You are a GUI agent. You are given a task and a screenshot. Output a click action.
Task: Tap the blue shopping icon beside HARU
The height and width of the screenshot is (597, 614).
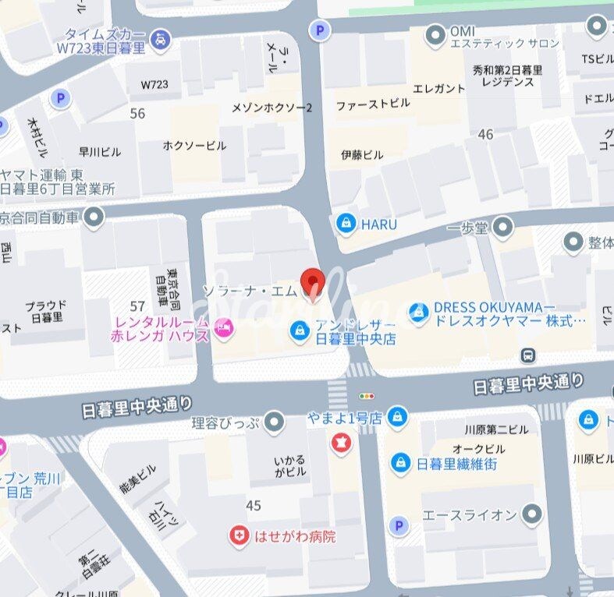coord(346,224)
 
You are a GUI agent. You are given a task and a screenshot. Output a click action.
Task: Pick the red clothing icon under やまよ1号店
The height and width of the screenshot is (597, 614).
coord(342,443)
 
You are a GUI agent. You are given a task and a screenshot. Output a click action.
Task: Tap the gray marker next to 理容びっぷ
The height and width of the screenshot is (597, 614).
coord(274,423)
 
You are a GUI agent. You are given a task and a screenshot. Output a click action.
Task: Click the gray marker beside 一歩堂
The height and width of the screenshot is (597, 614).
coord(503,227)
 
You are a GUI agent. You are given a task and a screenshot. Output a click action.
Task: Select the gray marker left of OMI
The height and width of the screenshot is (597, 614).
coord(435,35)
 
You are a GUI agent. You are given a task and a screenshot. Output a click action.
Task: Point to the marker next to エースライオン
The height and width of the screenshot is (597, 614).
coord(532,514)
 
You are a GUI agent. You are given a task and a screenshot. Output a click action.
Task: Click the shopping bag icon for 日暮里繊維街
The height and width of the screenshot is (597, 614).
coord(400,463)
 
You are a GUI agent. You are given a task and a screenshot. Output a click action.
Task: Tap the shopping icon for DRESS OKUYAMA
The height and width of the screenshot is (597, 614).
coord(419,313)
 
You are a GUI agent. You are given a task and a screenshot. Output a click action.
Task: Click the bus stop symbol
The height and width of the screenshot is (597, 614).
coord(530,355)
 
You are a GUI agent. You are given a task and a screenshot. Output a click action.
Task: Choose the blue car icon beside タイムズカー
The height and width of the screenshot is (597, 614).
coord(160,37)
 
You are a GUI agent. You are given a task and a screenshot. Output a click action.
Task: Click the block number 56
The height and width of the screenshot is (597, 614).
coord(137,114)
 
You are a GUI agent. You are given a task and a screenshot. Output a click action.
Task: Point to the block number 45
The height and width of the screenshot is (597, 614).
coord(253,506)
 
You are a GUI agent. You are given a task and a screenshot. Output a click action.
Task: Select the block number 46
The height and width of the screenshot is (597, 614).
coord(485,135)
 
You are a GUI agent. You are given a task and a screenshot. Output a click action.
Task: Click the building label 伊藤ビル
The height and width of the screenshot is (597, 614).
coord(362,154)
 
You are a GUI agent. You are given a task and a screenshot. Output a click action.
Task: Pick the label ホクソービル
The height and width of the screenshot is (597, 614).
coord(194,146)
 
